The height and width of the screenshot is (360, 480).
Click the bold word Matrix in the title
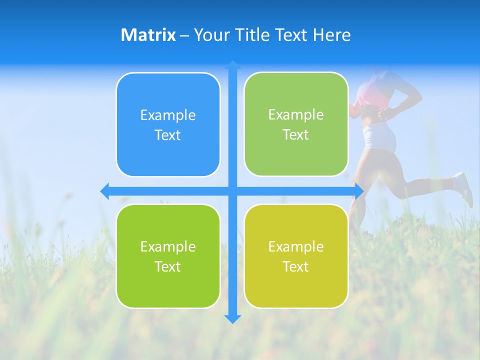(148, 35)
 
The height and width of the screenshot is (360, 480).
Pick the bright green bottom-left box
(168, 285)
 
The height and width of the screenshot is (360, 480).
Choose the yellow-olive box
(296, 285)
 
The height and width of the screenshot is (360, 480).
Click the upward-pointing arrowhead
(232, 64)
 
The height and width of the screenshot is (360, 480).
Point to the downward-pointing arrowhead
(232, 318)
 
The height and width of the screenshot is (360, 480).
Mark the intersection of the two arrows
(232, 191)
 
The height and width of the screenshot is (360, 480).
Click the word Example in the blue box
(168, 115)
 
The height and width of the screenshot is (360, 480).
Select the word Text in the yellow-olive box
(295, 267)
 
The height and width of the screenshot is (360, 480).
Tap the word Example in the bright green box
(168, 247)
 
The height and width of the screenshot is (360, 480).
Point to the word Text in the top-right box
(295, 135)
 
